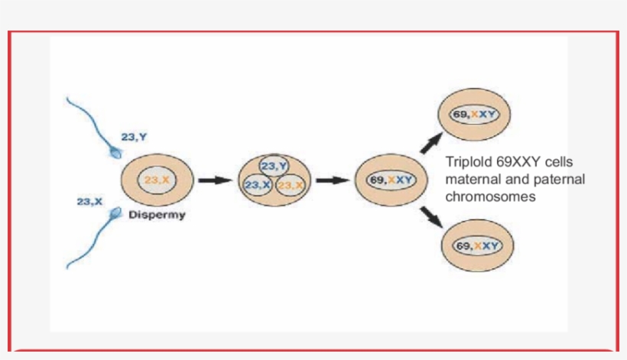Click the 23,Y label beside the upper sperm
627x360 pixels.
(x=134, y=137)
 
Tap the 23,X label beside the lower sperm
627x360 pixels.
(x=89, y=201)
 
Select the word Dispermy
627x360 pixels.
(x=157, y=215)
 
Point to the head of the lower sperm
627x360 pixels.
(x=115, y=212)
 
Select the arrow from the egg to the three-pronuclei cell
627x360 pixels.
(x=214, y=181)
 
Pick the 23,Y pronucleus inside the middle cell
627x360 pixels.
(x=274, y=167)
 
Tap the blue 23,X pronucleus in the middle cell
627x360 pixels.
(x=257, y=186)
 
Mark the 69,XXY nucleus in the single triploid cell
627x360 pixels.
(x=390, y=180)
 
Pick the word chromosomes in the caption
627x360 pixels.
(x=490, y=196)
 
